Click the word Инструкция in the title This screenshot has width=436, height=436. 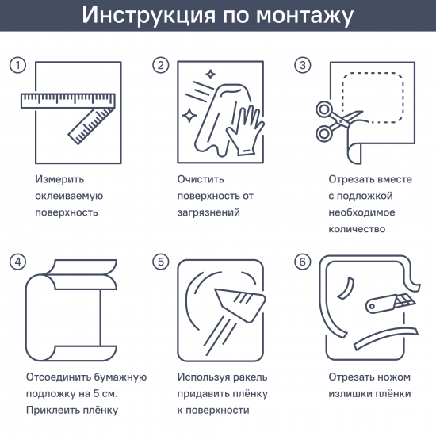148,15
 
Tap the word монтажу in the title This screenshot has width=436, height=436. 304,16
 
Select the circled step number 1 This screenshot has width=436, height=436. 17,66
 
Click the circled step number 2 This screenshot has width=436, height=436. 160,66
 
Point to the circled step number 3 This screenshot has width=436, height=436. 303,66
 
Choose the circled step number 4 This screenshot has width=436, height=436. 17,262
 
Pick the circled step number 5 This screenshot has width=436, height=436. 160,262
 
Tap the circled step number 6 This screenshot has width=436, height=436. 303,262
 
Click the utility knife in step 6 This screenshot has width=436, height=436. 390,304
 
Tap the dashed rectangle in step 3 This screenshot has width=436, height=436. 373,98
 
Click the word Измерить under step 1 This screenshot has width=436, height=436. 59,180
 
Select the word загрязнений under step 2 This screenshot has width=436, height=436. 208,213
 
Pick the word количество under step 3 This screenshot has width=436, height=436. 357,229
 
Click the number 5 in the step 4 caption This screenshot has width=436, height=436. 96,393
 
